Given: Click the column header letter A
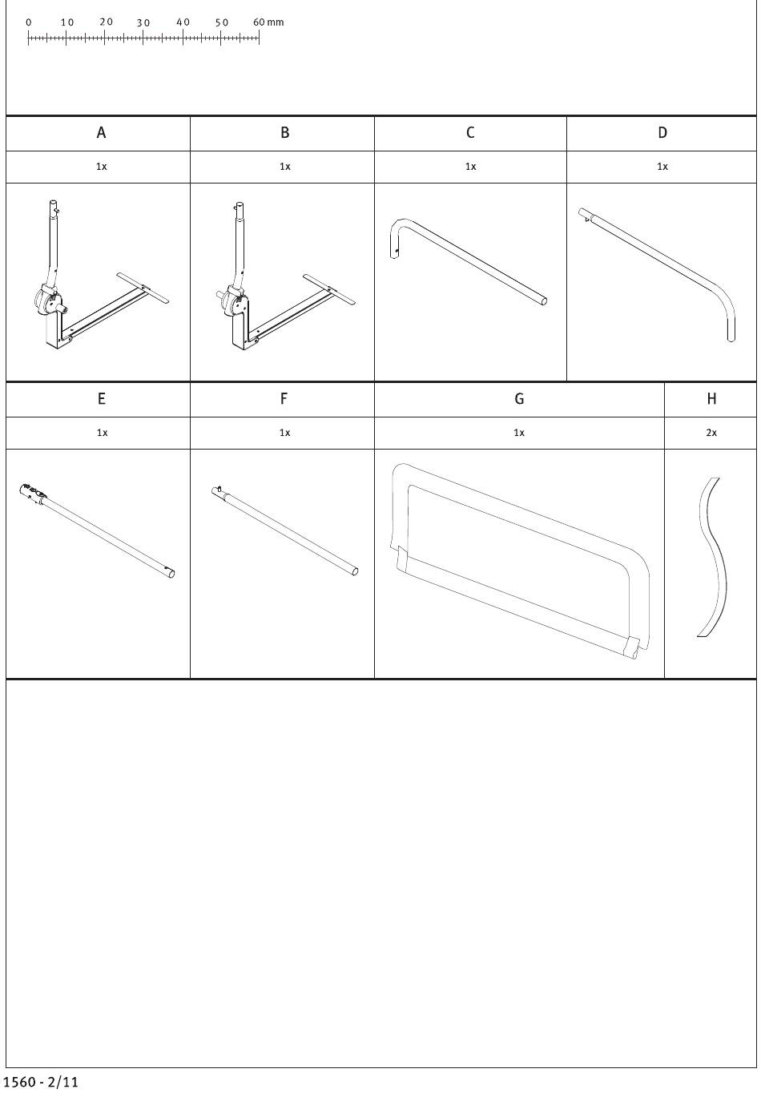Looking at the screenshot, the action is [101, 133].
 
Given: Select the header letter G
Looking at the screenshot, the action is [519, 398].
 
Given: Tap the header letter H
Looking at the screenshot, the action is [711, 398].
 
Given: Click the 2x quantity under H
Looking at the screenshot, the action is [711, 433].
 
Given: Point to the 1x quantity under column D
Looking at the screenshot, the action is [662, 167].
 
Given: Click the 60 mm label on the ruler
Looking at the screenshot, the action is [268, 22].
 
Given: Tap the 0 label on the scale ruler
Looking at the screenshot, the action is [28, 22].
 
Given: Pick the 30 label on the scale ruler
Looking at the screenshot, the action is [143, 22].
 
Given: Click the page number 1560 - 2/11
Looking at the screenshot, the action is [41, 1082].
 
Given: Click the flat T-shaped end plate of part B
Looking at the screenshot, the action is [329, 288].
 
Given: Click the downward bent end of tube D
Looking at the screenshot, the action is [727, 313].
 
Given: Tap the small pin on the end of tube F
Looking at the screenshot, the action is [219, 488].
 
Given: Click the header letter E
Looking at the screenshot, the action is [102, 398].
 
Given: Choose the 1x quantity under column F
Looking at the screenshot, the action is [284, 433].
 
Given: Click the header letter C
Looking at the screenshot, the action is [470, 133].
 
